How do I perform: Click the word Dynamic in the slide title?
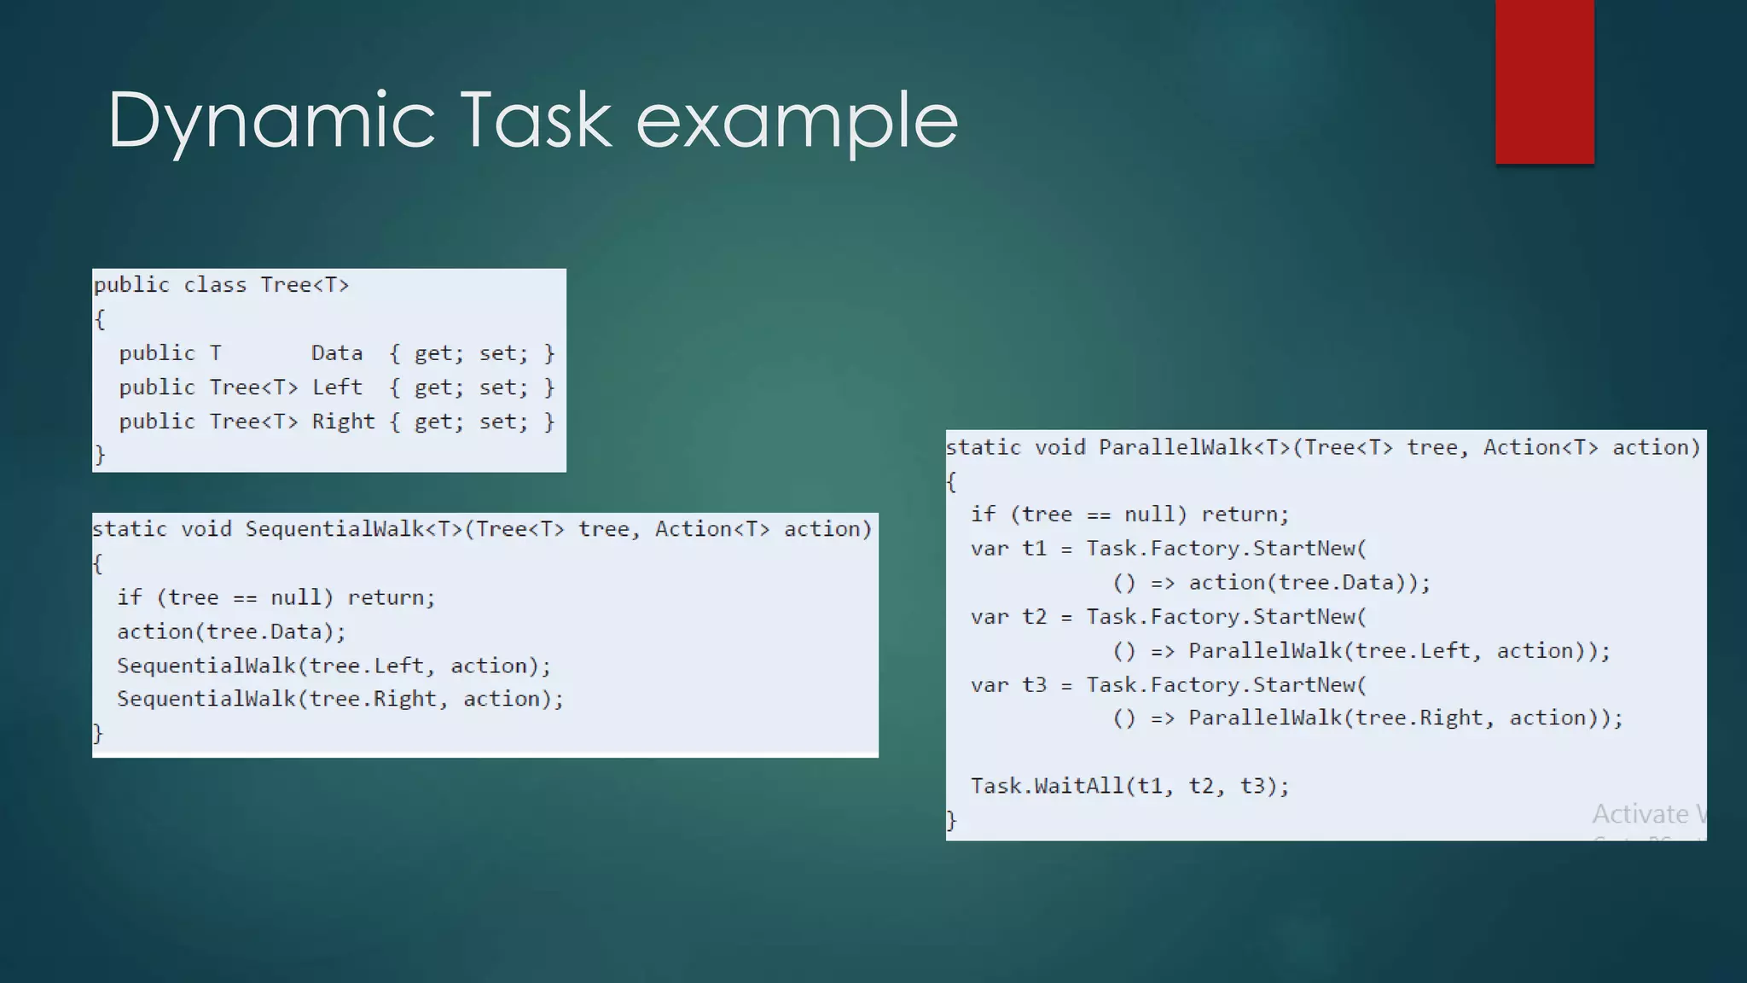[x=271, y=121]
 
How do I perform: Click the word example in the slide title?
[x=797, y=121]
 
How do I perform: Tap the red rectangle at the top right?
[x=1544, y=81]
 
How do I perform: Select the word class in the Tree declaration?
[x=215, y=285]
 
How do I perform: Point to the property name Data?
[x=337, y=353]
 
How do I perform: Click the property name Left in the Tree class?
[x=337, y=387]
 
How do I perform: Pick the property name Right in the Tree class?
[x=343, y=422]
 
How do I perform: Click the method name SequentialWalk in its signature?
[x=334, y=529]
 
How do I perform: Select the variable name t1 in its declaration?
[x=1034, y=549]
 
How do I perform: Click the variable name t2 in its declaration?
[x=1034, y=617]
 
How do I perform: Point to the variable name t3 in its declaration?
[x=1034, y=685]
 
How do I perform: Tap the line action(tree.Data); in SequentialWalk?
[x=231, y=631]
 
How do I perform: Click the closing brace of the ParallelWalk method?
[x=952, y=820]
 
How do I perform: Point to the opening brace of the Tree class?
[x=100, y=319]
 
